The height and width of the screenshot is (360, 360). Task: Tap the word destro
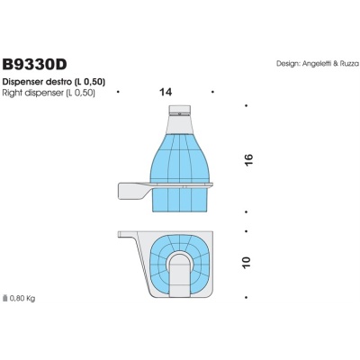(70, 82)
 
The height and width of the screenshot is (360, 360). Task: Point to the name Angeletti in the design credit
(306, 63)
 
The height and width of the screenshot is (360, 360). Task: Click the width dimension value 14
(165, 92)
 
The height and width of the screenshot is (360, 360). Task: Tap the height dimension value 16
(249, 159)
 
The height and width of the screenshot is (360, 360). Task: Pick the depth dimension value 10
(249, 263)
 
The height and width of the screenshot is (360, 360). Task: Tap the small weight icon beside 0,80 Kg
(6, 296)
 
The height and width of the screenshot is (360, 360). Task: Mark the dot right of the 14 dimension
(211, 92)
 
